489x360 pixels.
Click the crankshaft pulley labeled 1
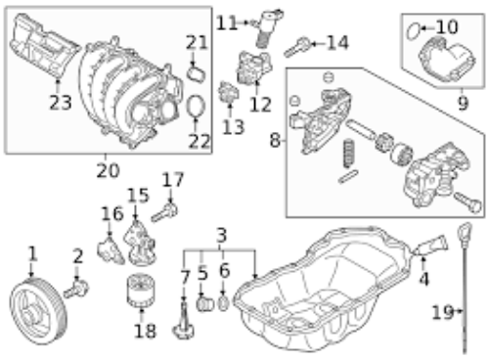click(x=38, y=311)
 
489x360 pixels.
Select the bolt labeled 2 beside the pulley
click(x=76, y=290)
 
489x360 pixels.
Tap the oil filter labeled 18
click(x=141, y=291)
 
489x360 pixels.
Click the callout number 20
click(x=109, y=170)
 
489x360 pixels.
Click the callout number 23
click(x=61, y=103)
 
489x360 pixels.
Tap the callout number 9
click(x=464, y=104)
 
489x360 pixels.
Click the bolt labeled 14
click(x=297, y=47)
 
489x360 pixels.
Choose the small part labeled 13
click(x=229, y=92)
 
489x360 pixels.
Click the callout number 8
click(x=275, y=141)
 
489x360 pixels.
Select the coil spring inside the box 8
click(x=349, y=153)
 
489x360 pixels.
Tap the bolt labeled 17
click(x=164, y=211)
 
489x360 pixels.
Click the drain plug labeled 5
click(x=204, y=304)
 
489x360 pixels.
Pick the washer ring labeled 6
click(x=223, y=303)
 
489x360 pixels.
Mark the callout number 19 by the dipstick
click(x=443, y=312)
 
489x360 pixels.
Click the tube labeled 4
click(x=430, y=246)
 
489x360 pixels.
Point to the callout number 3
click(x=222, y=235)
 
